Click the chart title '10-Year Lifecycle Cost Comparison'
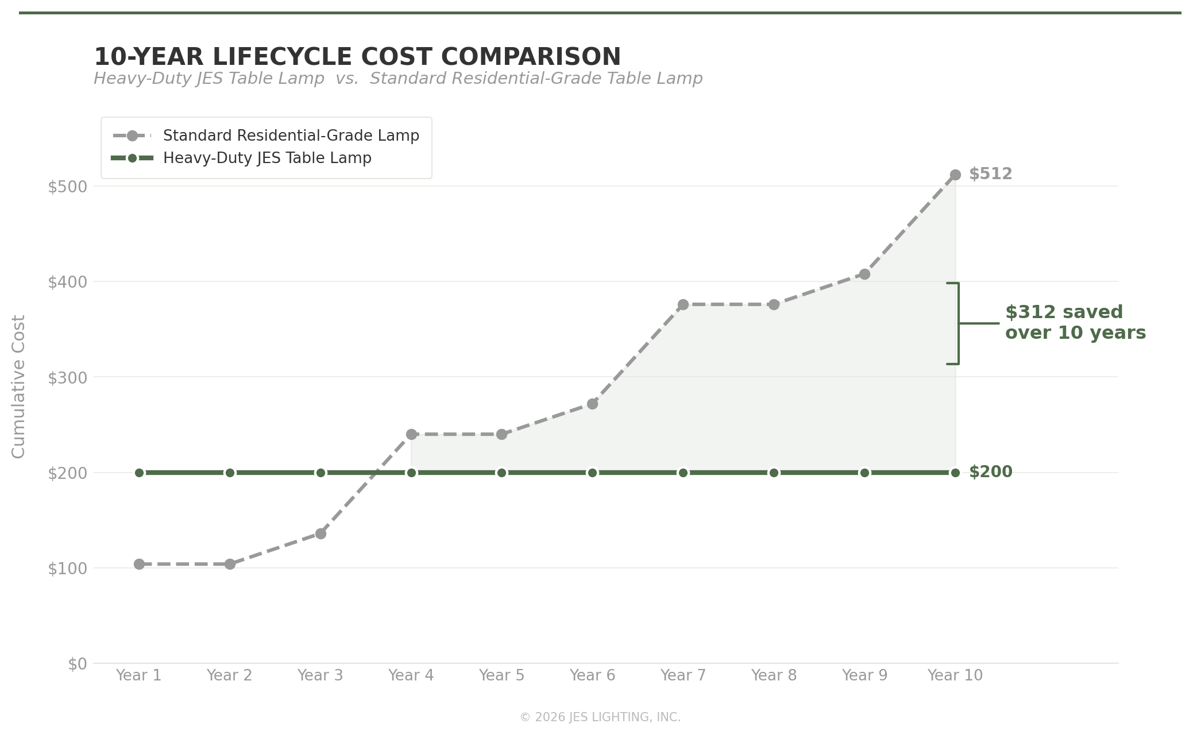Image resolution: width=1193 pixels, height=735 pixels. click(357, 57)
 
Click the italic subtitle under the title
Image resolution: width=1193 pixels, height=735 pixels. click(397, 79)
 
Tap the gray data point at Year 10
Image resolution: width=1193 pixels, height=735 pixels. click(955, 175)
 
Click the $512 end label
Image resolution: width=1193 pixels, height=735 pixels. click(990, 174)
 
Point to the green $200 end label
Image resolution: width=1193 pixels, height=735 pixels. click(990, 472)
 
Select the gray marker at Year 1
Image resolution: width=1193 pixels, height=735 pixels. click(139, 564)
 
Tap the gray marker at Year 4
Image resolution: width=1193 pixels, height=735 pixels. click(411, 435)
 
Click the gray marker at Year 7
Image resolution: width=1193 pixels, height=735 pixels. click(683, 305)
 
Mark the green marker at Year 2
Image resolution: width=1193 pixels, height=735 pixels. click(230, 473)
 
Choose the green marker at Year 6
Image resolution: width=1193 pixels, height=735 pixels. click(592, 473)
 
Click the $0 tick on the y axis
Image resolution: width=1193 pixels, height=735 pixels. click(77, 664)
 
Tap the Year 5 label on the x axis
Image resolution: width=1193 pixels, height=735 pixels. click(501, 676)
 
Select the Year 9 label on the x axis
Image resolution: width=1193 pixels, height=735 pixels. click(864, 676)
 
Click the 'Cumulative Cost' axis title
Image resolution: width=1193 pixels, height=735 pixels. click(19, 386)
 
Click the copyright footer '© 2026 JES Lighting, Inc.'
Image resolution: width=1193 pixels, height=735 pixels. click(600, 717)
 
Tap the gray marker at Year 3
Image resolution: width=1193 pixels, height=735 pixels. click(321, 534)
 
